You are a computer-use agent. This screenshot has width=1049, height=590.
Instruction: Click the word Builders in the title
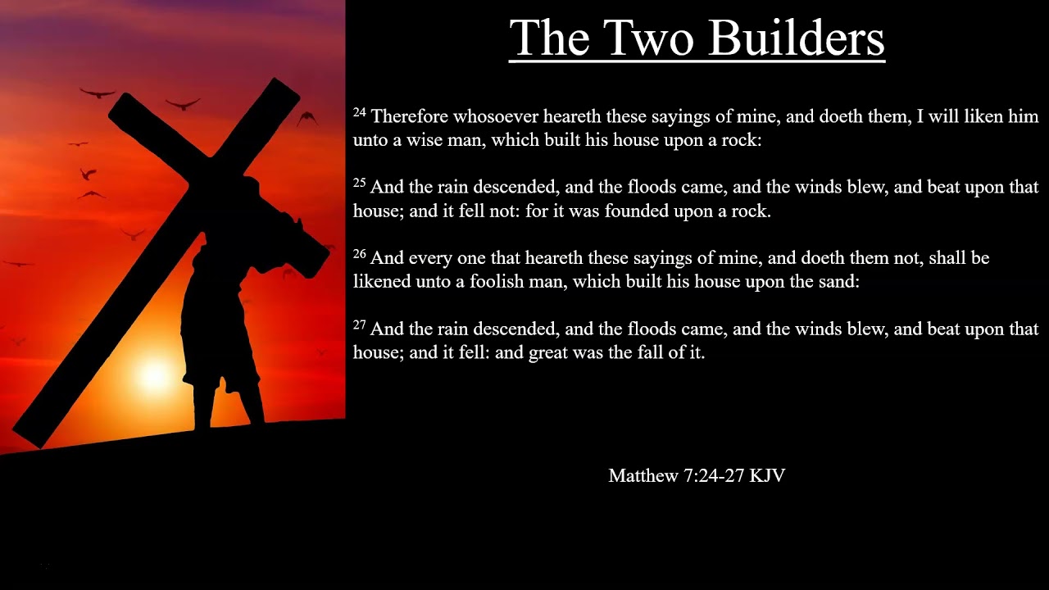(x=796, y=38)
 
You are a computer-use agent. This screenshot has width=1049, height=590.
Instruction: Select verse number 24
(x=360, y=112)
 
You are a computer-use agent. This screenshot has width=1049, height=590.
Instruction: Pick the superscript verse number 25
(x=360, y=183)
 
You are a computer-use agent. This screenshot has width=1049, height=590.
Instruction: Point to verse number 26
(x=360, y=254)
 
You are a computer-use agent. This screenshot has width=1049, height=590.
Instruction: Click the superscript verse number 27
(x=360, y=324)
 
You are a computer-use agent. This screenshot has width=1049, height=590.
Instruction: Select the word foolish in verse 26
(x=502, y=282)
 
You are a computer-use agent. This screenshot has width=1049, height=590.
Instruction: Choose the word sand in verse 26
(x=839, y=282)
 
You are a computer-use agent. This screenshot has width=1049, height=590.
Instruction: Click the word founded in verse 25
(x=637, y=211)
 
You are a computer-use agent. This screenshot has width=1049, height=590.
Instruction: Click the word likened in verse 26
(x=384, y=282)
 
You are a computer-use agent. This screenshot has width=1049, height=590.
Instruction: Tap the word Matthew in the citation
(x=643, y=475)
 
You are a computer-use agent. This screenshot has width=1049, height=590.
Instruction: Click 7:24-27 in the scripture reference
(x=714, y=475)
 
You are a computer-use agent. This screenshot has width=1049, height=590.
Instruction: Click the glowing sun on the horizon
(x=154, y=374)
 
